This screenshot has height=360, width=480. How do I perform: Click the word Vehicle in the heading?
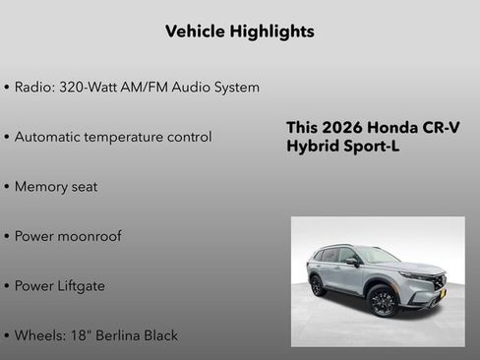click(x=195, y=31)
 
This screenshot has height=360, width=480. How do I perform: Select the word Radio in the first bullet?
click(x=35, y=88)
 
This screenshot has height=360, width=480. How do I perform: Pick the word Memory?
click(x=43, y=187)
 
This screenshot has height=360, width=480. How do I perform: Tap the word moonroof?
click(x=91, y=237)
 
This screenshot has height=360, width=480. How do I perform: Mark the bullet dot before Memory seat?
click(x=7, y=187)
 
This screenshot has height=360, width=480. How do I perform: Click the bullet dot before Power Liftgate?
click(x=7, y=286)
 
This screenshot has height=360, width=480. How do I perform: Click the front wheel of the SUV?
click(x=383, y=301)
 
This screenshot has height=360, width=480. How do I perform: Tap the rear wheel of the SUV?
click(x=318, y=286)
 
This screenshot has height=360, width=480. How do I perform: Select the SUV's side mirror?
click(x=352, y=262)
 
